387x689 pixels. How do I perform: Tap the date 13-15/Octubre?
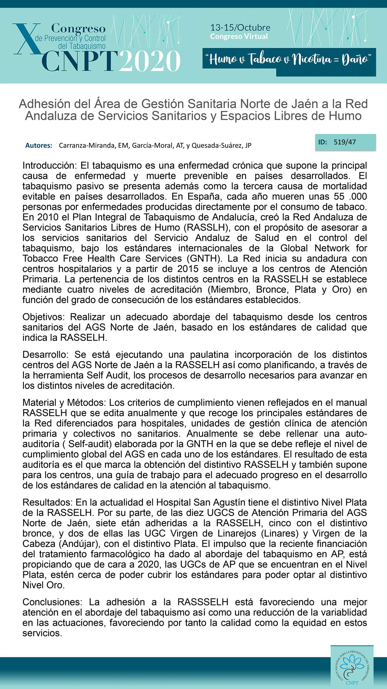240,28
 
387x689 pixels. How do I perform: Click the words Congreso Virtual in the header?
239,37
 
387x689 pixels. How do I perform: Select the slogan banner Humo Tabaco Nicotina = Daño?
289,59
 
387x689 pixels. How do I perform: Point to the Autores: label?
39,145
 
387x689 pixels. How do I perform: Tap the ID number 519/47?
345,142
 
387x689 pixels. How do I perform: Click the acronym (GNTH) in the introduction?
204,259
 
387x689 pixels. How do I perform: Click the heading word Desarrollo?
46,355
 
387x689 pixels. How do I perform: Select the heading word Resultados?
48,503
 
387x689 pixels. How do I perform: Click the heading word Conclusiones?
52,602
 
